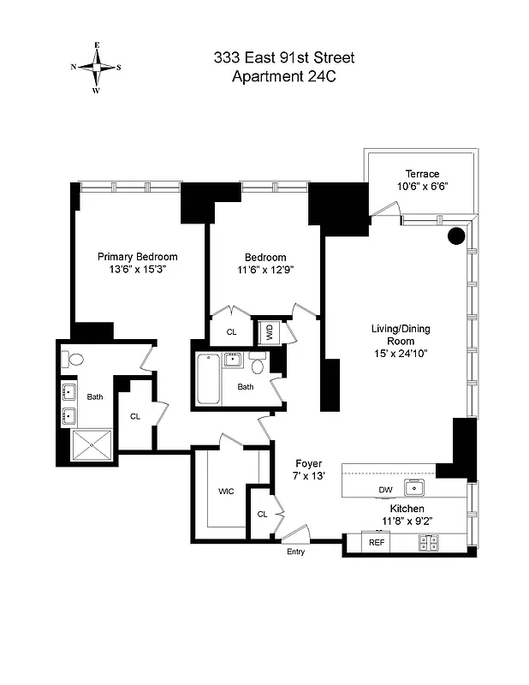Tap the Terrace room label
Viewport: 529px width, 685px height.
coord(416,173)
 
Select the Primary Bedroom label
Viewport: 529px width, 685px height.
coord(137,257)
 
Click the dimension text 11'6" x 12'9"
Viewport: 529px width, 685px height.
coord(265,271)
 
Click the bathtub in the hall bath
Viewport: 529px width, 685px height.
coord(208,380)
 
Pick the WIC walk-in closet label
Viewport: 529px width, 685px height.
coord(226,491)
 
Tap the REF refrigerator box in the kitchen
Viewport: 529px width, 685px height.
coord(375,543)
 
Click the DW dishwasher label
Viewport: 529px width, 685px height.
coord(386,490)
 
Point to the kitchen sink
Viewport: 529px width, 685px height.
coord(416,488)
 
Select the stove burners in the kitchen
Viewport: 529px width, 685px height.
coord(428,542)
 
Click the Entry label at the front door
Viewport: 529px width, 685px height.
coord(294,552)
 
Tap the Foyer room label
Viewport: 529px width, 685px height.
coord(308,463)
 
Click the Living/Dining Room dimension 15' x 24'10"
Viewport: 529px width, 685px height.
coord(392,354)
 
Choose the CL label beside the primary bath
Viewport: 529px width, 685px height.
coord(134,416)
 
